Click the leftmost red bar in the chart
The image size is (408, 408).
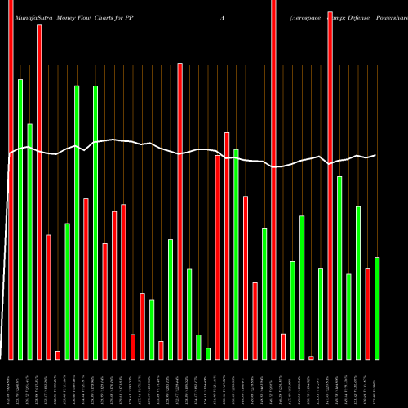pyautogui.click(x=11, y=180)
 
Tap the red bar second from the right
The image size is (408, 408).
pyautogui.click(x=368, y=313)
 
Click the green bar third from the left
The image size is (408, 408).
pyautogui.click(x=29, y=241)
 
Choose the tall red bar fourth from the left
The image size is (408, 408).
pyautogui.click(x=39, y=192)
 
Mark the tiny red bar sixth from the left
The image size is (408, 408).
pyautogui.click(x=58, y=355)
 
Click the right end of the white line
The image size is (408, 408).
pyautogui.click(x=376, y=155)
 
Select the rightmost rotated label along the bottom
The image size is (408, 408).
pyautogui.click(x=377, y=384)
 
